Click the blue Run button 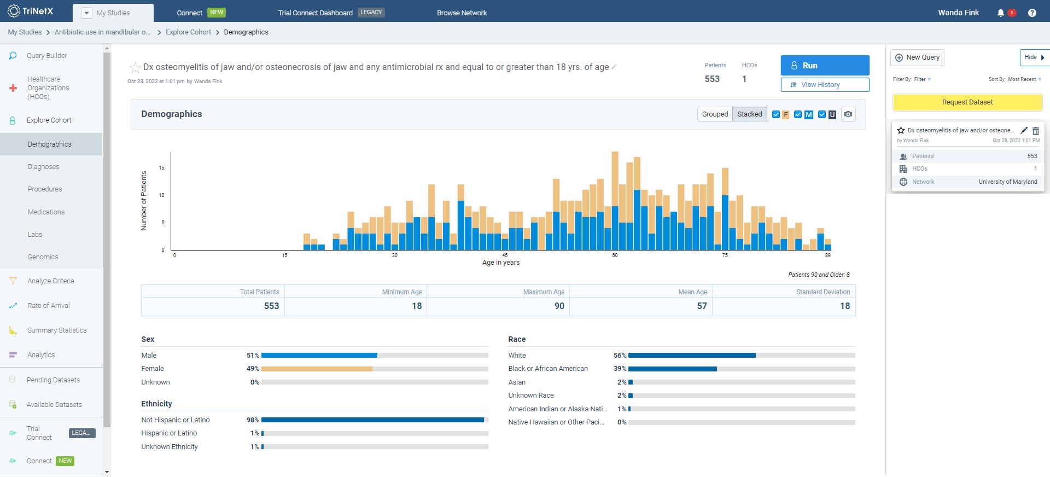[825, 66]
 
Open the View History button [825, 85]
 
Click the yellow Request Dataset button [967, 102]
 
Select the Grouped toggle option [715, 114]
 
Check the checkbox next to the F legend [775, 114]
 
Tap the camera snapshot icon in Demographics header [848, 114]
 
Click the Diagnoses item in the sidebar [44, 167]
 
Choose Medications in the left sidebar [46, 212]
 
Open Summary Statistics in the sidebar [57, 330]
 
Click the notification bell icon [1000, 13]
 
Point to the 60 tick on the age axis [615, 255]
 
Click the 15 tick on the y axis [161, 168]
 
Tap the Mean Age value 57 [702, 306]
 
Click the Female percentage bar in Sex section [317, 369]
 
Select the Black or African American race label [548, 369]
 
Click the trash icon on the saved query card [1035, 131]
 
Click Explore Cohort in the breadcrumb [188, 32]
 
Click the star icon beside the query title [135, 68]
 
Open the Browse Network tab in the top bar [462, 13]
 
